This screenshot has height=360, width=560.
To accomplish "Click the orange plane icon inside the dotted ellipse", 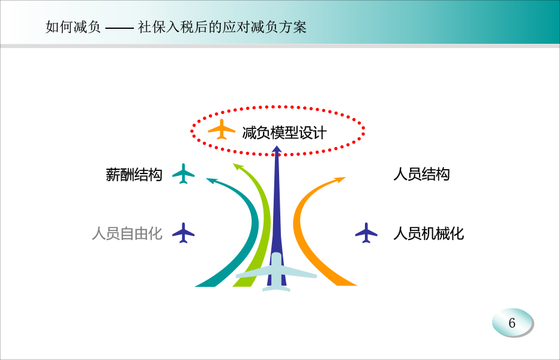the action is pyautogui.click(x=221, y=129).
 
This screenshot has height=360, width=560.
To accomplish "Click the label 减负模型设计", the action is pyautogui.click(x=285, y=133).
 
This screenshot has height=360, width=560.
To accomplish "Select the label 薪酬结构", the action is pyautogui.click(x=134, y=175).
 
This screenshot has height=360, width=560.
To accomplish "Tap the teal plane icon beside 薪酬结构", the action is pyautogui.click(x=183, y=173).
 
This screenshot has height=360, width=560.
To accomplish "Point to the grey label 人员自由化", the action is pyautogui.click(x=127, y=233).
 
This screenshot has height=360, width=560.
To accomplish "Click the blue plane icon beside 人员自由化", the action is pyautogui.click(x=183, y=233).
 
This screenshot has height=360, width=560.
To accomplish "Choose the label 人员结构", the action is pyautogui.click(x=421, y=174).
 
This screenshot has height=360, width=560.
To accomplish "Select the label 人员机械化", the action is pyautogui.click(x=429, y=233).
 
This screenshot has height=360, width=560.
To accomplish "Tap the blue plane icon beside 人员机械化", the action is pyautogui.click(x=366, y=233).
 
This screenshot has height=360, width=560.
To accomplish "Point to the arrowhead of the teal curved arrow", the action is pyautogui.click(x=211, y=181).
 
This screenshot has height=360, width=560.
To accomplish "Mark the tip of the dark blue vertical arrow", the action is pyautogui.click(x=277, y=146).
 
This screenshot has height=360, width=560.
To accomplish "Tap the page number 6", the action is pyautogui.click(x=512, y=323).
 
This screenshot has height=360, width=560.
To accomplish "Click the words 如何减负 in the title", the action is pyautogui.click(x=73, y=27).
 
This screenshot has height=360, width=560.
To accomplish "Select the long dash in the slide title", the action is pyautogui.click(x=119, y=28).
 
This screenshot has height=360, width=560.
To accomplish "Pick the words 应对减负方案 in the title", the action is pyautogui.click(x=264, y=27).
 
